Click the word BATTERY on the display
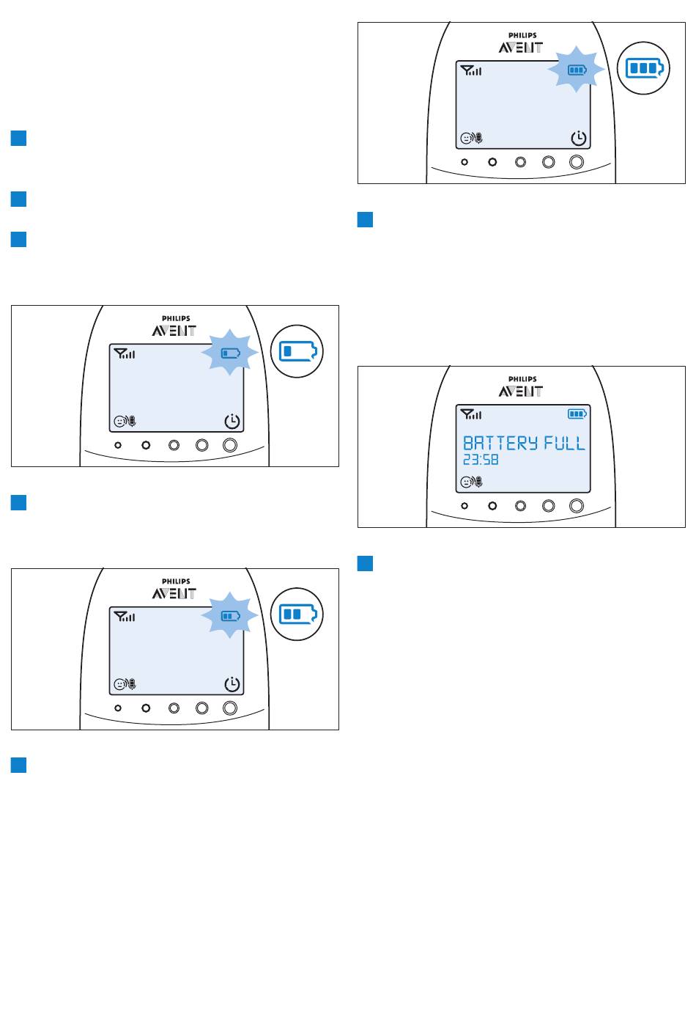[x=500, y=443]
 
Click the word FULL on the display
[x=564, y=443]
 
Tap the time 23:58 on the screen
[x=481, y=460]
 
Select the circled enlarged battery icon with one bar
[x=297, y=351]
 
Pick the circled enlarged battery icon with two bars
[x=297, y=614]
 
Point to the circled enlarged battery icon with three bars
[x=644, y=68]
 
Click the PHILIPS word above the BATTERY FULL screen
[x=522, y=378]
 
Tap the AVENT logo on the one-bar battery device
[x=174, y=331]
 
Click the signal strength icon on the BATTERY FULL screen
[x=471, y=414]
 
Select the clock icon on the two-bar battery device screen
[x=232, y=684]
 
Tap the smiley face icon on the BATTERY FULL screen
[x=466, y=482]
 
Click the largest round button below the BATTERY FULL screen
[x=577, y=506]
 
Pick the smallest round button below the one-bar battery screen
[x=118, y=445]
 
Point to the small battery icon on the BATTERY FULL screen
[x=577, y=414]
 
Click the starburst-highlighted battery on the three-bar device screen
[x=577, y=70]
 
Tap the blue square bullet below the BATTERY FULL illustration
[x=366, y=563]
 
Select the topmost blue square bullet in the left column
[x=18, y=138]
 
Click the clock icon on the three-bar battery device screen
[x=579, y=138]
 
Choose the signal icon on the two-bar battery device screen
[x=125, y=617]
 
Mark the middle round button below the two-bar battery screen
[x=174, y=708]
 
